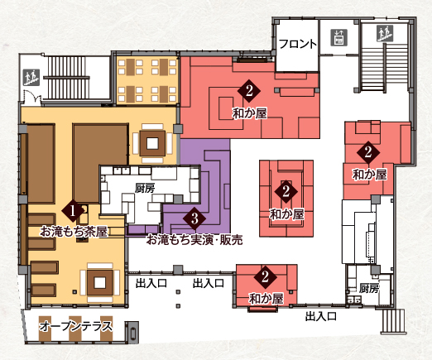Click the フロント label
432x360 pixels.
(x=298, y=44)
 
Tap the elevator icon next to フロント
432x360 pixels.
(x=338, y=38)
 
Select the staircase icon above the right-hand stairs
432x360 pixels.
(x=386, y=33)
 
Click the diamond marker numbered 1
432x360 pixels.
(x=73, y=212)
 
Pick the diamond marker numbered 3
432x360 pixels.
(x=194, y=218)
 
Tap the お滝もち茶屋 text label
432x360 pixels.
(x=74, y=231)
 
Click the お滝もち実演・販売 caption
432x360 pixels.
(x=194, y=240)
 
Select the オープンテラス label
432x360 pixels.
(x=76, y=327)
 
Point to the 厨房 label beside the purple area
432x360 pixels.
(x=145, y=189)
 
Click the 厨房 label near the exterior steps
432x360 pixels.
(x=369, y=289)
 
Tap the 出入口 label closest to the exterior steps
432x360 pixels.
(x=321, y=316)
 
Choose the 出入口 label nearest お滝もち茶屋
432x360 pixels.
(x=151, y=283)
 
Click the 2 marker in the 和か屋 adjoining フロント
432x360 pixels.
(x=249, y=91)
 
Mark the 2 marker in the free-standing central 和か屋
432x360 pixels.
(x=286, y=191)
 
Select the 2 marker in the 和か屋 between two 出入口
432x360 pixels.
(x=266, y=276)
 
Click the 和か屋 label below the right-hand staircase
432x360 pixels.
(x=370, y=175)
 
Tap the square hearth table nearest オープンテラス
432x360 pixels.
(x=100, y=282)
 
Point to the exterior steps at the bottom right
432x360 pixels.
(x=393, y=321)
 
